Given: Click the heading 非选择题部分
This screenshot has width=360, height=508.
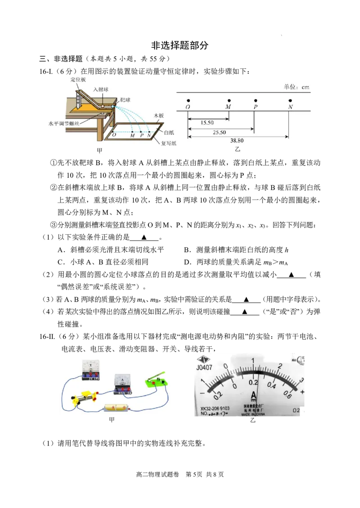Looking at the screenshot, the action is point(180,45).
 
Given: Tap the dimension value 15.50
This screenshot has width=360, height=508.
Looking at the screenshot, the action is point(207,123).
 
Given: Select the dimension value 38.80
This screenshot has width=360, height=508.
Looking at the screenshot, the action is point(237,141).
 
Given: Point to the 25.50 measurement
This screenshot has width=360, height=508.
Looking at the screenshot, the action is point(219,133).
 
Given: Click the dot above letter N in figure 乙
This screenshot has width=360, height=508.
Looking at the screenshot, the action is point(290,101).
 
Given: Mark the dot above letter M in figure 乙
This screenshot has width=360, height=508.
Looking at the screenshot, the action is point(229,101).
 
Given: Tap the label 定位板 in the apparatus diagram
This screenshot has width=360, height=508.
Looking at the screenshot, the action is point(78,80).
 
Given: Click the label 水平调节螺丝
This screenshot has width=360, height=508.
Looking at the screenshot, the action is point(64,124).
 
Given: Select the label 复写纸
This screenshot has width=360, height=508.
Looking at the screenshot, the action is point(169,143).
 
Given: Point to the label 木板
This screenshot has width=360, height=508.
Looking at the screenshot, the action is point(158,116).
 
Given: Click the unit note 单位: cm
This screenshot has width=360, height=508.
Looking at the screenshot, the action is point(297,87).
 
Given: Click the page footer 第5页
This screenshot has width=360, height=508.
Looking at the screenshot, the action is point(193,475).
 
